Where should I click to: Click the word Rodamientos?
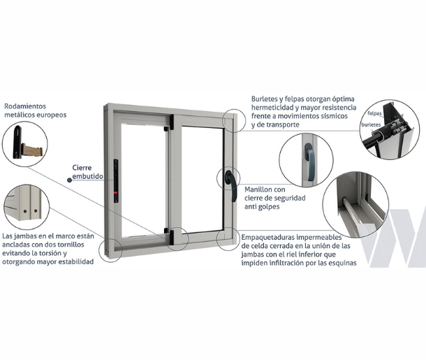click(25, 106)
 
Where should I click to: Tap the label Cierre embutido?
click(87, 172)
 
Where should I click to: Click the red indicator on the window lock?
click(116, 193)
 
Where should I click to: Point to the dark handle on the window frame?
click(231, 185)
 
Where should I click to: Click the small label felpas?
click(374, 113)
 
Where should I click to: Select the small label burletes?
click(371, 125)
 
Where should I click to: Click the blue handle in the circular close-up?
click(309, 161)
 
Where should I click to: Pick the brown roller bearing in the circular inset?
click(32, 150)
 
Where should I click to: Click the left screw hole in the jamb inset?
click(25, 210)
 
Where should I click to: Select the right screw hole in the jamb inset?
click(36, 210)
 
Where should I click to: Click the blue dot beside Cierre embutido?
click(70, 180)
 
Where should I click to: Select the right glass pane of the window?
click(202, 180)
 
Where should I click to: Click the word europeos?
click(52, 115)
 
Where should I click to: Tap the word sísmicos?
click(335, 116)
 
